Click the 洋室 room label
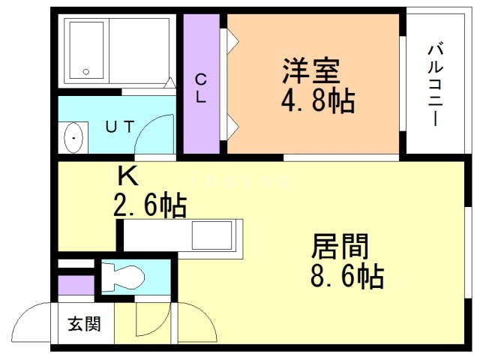coord(311,71)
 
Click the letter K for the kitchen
coord(127,177)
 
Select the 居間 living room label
coord(340,247)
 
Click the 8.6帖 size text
coord(346,277)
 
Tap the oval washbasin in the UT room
coord(73,137)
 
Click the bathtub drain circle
coord(86,73)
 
